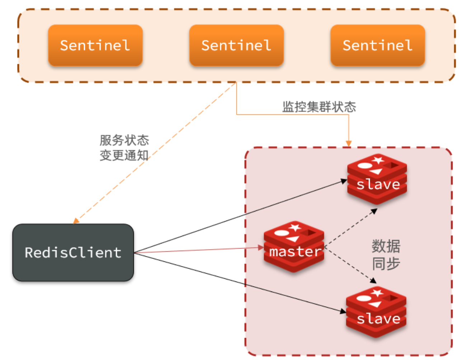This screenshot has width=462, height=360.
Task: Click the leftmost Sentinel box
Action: pyautogui.click(x=95, y=45)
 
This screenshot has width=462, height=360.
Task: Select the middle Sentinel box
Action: pyautogui.click(x=236, y=45)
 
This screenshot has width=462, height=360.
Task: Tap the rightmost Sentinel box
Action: pyautogui.click(x=378, y=45)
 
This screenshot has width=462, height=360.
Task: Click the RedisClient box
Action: pyautogui.click(x=73, y=252)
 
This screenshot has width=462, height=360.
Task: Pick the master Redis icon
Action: pyautogui.click(x=294, y=247)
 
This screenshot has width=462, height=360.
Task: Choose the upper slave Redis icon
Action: pyautogui.click(x=377, y=179)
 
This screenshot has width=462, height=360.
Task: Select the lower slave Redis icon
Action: pyautogui.click(x=376, y=312)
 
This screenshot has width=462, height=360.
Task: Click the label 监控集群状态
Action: pyautogui.click(x=319, y=107)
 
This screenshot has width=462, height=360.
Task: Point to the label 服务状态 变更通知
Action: pyautogui.click(x=124, y=147)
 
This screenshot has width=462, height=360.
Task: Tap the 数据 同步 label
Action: pyautogui.click(x=386, y=255)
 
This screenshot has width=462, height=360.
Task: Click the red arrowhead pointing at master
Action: pyautogui.click(x=261, y=247)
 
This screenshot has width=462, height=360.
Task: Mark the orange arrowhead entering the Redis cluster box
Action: pyautogui.click(x=348, y=144)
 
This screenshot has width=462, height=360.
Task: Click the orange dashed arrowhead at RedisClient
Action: pyautogui.click(x=75, y=221)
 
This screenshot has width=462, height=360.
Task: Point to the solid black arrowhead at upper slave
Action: pyautogui.click(x=344, y=181)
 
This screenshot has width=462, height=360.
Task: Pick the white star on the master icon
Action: pyautogui.click(x=295, y=227)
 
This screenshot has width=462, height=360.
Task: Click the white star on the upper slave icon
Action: pyautogui.click(x=378, y=160)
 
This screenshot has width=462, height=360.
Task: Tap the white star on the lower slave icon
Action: pyautogui.click(x=377, y=293)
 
